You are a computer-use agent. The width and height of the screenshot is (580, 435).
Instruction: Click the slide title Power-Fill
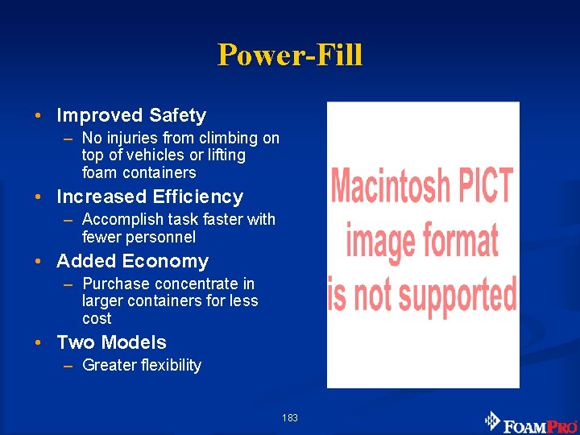(x=290, y=55)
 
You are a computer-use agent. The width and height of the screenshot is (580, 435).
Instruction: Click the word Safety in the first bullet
(x=176, y=116)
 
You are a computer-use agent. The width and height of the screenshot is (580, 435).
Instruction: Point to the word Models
(x=136, y=342)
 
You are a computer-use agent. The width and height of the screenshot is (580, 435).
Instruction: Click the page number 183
(x=290, y=418)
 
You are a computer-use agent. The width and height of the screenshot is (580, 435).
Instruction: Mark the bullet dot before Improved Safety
(x=39, y=116)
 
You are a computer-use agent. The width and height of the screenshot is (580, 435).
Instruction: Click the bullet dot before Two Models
(x=39, y=342)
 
